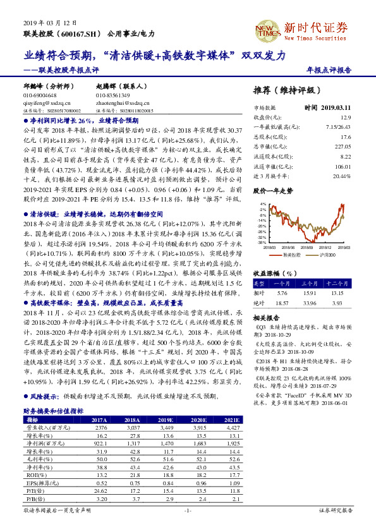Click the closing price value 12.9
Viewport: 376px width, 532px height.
point(346,118)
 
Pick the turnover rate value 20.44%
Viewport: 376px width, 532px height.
point(341,176)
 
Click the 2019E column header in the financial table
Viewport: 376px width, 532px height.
point(166,420)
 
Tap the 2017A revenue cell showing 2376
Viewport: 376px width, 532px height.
point(99,428)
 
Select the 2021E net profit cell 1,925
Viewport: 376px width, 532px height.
point(231,443)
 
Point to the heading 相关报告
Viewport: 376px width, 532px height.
point(262,318)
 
